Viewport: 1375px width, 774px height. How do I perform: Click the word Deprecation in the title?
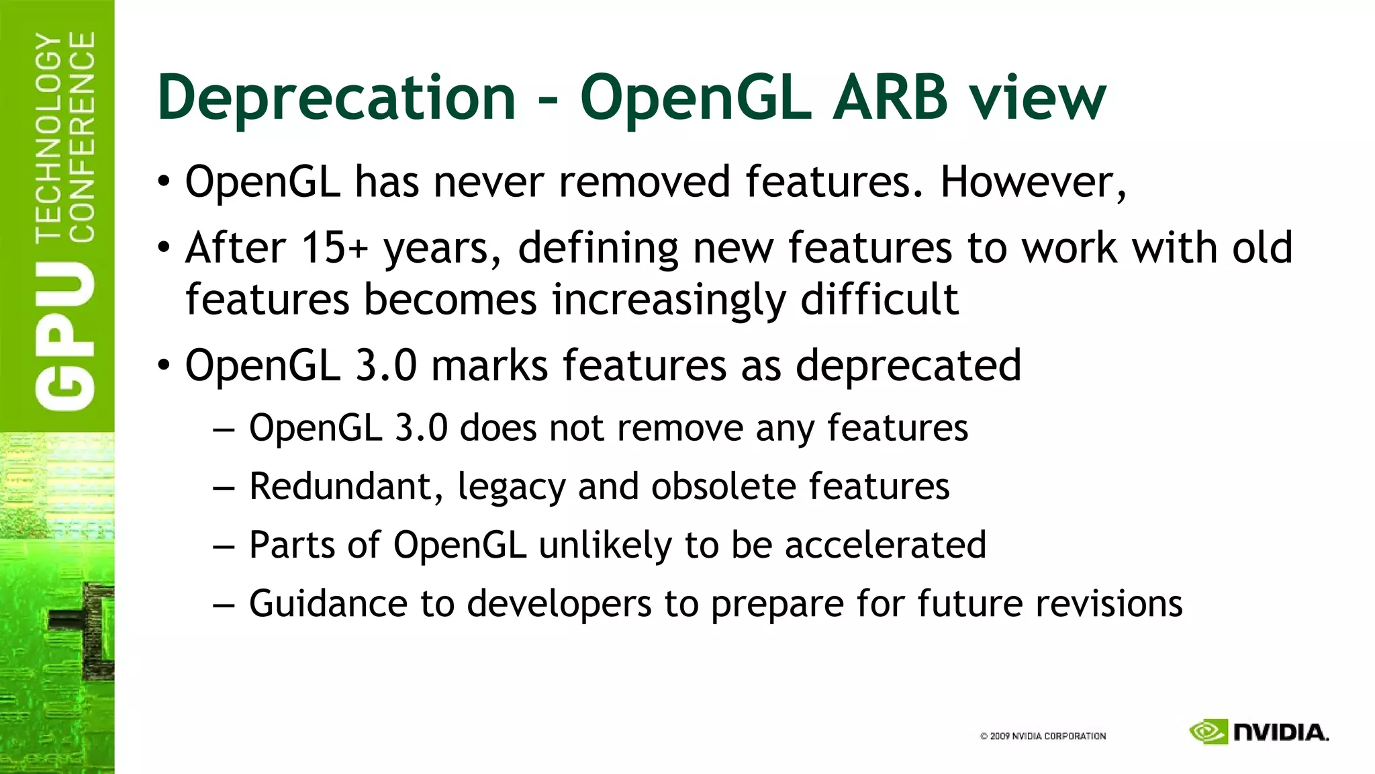point(336,98)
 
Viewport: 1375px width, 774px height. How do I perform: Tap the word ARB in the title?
point(890,98)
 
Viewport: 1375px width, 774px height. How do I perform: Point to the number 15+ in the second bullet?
point(334,248)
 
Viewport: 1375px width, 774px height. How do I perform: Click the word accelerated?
point(886,544)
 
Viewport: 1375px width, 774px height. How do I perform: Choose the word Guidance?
point(328,603)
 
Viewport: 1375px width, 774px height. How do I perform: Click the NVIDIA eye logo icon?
point(1208,732)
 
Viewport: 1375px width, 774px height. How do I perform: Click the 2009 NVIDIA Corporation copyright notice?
point(1043,736)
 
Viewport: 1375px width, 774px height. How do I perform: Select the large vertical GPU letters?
point(64,336)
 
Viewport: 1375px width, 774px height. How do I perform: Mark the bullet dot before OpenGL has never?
point(164,183)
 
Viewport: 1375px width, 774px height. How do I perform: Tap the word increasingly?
point(668,300)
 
